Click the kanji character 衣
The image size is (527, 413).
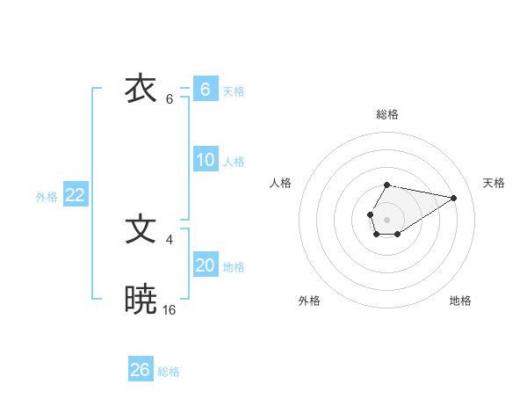[141, 90]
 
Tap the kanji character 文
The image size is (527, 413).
[141, 230]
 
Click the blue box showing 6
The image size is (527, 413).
[205, 90]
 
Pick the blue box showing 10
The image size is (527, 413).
[205, 160]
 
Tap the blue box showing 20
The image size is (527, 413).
[205, 265]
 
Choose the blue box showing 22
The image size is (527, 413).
[75, 195]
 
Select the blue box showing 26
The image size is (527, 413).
[141, 370]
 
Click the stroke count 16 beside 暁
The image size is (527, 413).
[170, 309]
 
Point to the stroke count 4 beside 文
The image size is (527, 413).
[169, 239]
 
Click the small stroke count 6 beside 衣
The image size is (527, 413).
[170, 98]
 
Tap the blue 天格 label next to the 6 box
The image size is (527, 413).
[234, 91]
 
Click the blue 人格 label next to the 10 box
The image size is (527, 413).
[234, 162]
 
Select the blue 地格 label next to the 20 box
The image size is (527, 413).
[234, 267]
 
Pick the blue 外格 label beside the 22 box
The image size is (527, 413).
[47, 197]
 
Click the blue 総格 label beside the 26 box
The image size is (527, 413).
[169, 372]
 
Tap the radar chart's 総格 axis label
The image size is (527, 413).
[386, 114]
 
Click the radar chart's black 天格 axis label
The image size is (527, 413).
[495, 183]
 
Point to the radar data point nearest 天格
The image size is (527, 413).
[453, 196]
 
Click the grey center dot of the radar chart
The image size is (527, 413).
[386, 218]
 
